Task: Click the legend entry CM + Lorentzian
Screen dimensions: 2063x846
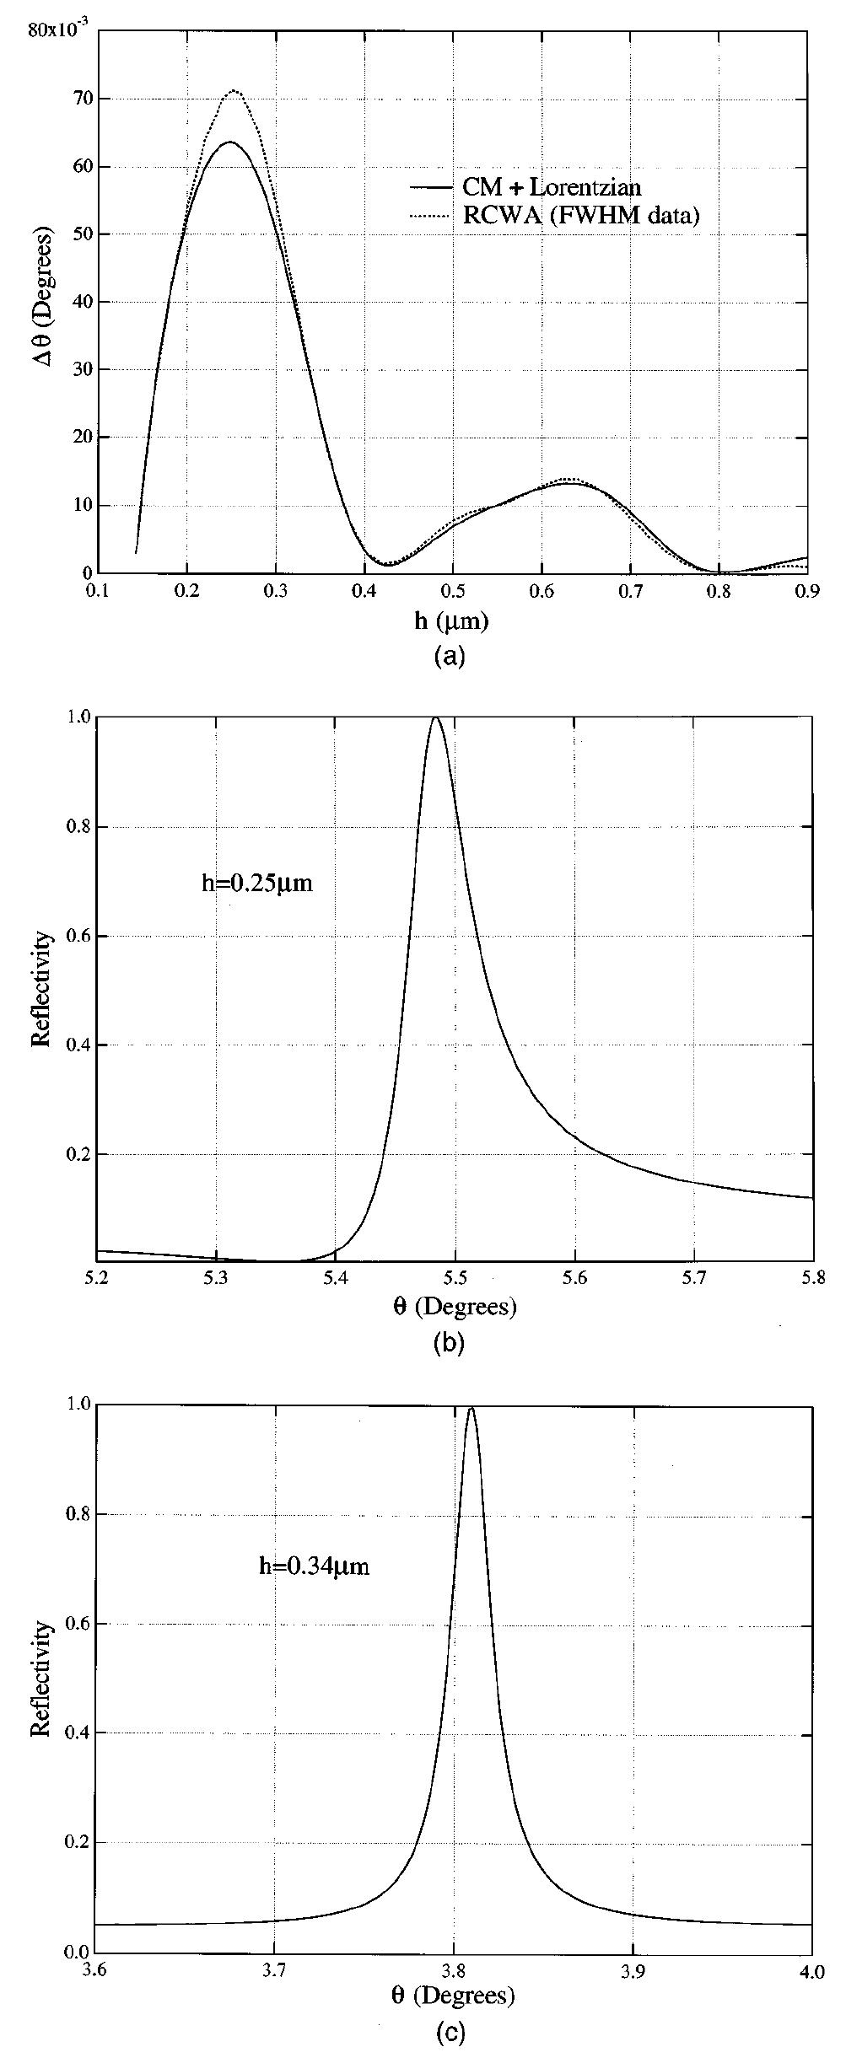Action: coord(552,187)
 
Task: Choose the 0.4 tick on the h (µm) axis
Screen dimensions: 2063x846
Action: coord(364,592)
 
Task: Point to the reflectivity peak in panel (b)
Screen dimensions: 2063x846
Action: coord(435,718)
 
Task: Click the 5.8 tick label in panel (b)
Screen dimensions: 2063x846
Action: coord(812,1279)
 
